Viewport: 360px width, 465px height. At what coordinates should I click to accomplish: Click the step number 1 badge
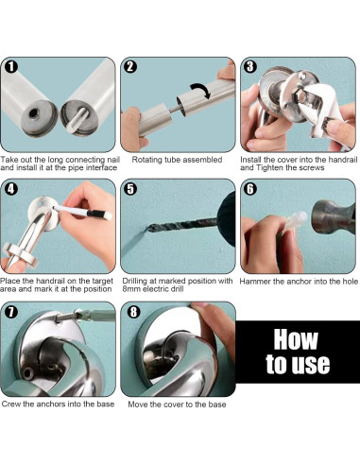11,67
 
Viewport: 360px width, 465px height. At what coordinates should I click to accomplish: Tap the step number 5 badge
130,189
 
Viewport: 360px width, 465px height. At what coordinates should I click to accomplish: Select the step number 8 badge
133,312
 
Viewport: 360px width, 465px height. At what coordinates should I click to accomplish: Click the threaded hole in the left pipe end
33,113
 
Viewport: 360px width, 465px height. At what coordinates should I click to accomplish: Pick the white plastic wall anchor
294,223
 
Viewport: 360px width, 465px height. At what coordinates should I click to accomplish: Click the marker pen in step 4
83,212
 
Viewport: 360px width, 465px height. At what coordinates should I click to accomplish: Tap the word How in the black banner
296,339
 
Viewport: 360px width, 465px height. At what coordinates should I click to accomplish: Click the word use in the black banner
311,364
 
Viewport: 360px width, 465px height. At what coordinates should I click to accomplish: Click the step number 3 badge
250,67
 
